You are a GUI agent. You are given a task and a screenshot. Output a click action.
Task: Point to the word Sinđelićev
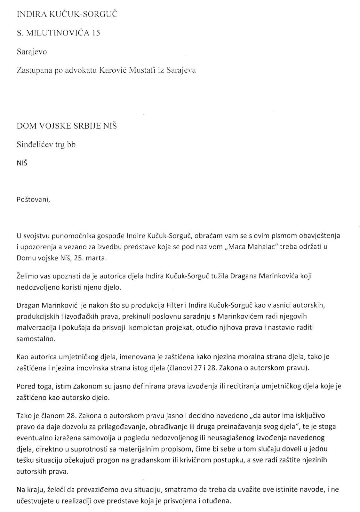point(33,145)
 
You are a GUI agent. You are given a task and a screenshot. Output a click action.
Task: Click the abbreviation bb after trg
point(71,145)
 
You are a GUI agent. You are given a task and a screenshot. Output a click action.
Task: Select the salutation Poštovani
point(33,200)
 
